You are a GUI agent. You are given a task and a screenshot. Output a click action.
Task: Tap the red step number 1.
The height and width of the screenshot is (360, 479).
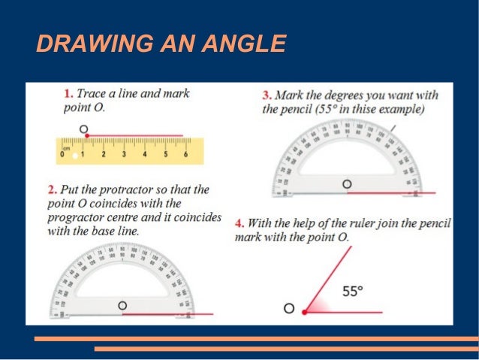click(68, 95)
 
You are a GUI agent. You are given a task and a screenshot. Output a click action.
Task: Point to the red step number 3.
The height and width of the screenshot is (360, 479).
click(267, 96)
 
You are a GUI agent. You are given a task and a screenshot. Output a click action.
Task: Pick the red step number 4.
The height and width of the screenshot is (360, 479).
click(239, 224)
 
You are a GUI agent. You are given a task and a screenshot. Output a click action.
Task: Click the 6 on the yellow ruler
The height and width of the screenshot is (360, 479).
click(185, 154)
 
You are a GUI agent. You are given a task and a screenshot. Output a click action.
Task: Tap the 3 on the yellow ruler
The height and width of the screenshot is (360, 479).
click(124, 154)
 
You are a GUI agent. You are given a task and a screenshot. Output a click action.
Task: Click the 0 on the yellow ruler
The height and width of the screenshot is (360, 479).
click(62, 154)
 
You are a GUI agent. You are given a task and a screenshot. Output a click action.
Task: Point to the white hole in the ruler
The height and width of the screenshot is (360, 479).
click(74, 156)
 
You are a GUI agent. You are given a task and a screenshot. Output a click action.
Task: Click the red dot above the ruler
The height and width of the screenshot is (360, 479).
click(87, 135)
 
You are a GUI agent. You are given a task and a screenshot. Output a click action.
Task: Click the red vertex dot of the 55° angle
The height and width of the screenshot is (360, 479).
click(305, 311)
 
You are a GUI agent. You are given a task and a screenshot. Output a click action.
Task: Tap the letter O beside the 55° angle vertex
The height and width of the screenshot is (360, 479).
click(288, 309)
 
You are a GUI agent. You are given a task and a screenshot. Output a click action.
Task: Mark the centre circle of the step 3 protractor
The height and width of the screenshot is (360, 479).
click(346, 183)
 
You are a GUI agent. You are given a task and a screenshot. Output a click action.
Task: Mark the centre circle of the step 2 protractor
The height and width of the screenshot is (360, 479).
click(122, 305)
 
